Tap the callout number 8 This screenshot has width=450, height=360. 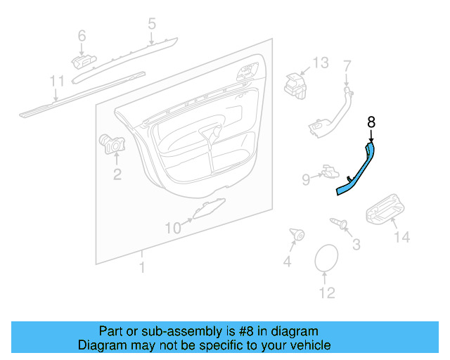371,122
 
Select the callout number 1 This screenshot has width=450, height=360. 142,267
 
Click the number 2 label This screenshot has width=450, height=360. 117,173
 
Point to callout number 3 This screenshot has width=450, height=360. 356,245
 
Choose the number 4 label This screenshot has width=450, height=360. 286,262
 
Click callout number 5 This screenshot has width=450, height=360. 152,25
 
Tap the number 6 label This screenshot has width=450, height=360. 82,35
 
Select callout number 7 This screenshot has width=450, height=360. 346,66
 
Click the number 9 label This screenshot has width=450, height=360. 306,180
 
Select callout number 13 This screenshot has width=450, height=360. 321,63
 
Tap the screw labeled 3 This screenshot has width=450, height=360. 340,224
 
